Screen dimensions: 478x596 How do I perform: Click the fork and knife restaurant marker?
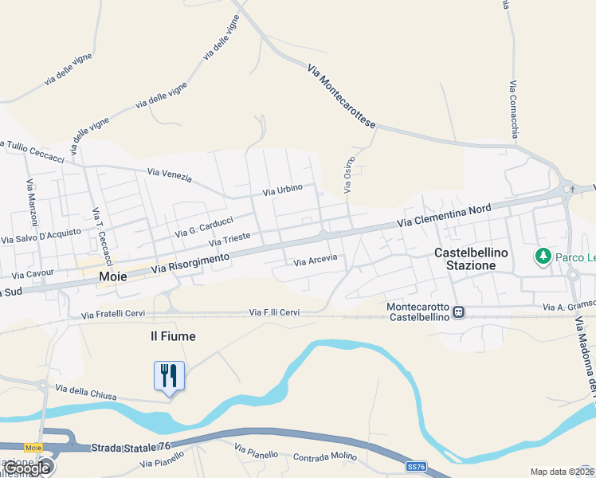(x=169, y=375)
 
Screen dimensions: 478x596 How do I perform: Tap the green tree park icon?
(x=543, y=256)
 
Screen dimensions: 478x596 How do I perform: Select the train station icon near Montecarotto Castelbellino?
(x=458, y=312)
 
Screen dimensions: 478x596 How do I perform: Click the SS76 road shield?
(x=415, y=466)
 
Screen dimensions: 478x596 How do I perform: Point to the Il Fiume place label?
(x=173, y=336)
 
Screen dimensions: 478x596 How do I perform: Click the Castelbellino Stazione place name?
(x=465, y=259)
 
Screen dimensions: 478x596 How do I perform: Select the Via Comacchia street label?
(x=514, y=108)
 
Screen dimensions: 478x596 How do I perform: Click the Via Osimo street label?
(x=349, y=174)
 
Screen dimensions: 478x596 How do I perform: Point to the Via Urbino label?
(x=283, y=190)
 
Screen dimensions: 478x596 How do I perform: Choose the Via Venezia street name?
(x=170, y=174)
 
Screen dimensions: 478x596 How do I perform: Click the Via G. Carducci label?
(x=204, y=226)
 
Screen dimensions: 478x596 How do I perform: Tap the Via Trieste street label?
(x=229, y=238)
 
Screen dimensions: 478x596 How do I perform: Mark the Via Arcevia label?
(x=316, y=261)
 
